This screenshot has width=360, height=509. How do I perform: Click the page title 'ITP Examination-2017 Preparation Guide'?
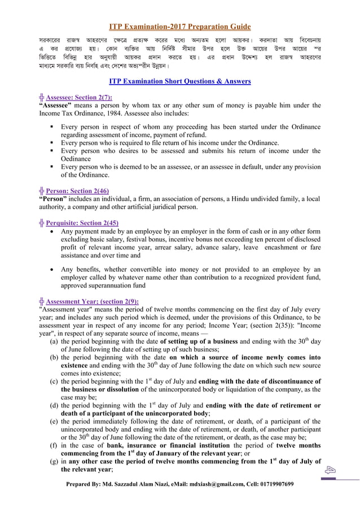coord(179,27)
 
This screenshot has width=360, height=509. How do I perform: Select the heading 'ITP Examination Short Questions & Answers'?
coord(179,82)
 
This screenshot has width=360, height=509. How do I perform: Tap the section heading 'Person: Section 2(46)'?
coord(77,191)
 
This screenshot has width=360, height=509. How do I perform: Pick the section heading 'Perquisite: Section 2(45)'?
coord(83,222)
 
